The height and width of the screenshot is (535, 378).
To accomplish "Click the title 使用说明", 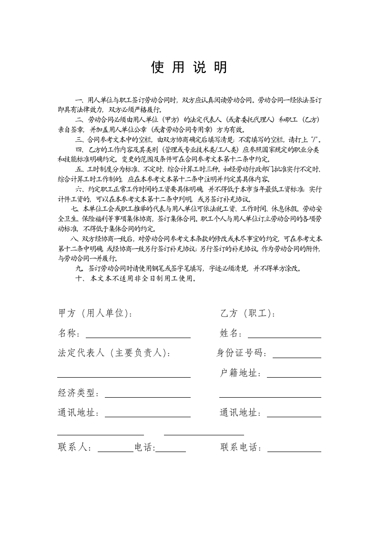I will [x=189, y=68].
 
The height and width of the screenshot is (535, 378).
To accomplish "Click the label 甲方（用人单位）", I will [x=95, y=313].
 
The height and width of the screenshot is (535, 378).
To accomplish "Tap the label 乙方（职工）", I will [x=247, y=313].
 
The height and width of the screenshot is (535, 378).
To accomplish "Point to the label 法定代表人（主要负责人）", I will [x=113, y=353].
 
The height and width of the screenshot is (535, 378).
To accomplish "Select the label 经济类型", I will [x=78, y=393].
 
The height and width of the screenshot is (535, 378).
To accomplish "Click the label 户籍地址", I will [x=240, y=373].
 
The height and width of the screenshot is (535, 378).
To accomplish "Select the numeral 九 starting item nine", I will [x=79, y=268].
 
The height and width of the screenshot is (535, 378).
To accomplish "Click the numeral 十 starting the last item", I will [x=79, y=279].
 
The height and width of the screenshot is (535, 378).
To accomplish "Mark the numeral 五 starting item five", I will [x=79, y=169].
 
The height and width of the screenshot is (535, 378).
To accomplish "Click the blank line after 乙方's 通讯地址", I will [x=294, y=415].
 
